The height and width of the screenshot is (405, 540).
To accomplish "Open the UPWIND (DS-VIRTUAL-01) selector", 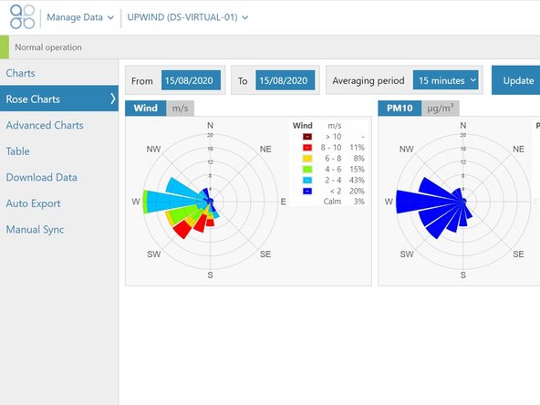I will point(187,17).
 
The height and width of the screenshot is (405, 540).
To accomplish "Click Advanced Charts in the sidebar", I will point(45,125).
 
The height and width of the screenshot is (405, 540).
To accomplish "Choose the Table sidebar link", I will point(19,151).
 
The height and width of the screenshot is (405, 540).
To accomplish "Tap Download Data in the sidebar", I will point(41,178).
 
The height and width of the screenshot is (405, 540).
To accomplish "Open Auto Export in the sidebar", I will point(33,203).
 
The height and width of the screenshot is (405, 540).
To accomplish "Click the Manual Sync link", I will point(35,230).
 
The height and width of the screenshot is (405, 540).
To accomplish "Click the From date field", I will point(191,80).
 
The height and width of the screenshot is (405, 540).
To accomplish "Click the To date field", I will point(286,80).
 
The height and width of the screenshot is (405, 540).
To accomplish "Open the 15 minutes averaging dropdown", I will point(448,80).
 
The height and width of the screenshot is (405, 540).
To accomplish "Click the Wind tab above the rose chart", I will point(145,109).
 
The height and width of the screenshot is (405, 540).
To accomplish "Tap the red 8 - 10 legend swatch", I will point(308,147).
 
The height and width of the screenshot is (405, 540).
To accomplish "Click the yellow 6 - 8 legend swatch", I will point(308,158).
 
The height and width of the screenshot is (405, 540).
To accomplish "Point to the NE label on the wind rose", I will point(265,148).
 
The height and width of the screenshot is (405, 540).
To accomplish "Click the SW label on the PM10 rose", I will point(407,254).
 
